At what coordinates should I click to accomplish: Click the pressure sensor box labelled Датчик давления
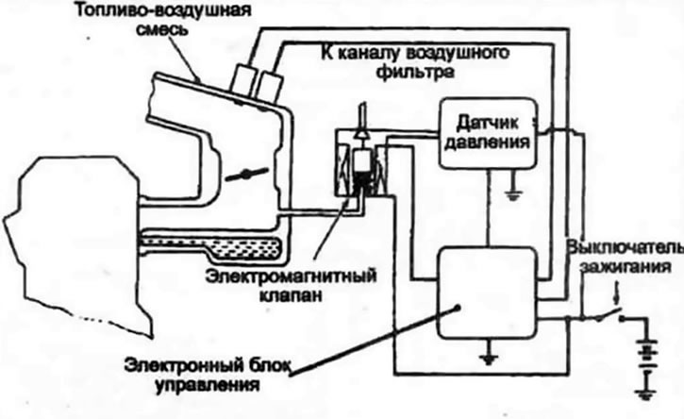pos(488,133)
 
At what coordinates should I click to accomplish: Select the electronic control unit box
pos(487,293)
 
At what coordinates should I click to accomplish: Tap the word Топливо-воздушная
pos(163,9)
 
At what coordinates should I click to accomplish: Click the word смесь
pos(162,29)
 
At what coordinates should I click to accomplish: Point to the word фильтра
pos(414,71)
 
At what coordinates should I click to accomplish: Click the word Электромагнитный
pos(291,277)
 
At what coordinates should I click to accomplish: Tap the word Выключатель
pos(626,247)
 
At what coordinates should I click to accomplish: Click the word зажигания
pos(626,266)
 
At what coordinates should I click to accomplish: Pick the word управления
pos(208,386)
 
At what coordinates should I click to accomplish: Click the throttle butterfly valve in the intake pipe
pos(245,175)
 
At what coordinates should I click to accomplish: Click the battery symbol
pos(646,357)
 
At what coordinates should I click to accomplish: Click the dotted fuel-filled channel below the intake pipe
pos(210,246)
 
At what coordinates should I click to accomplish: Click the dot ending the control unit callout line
pos(458,308)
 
